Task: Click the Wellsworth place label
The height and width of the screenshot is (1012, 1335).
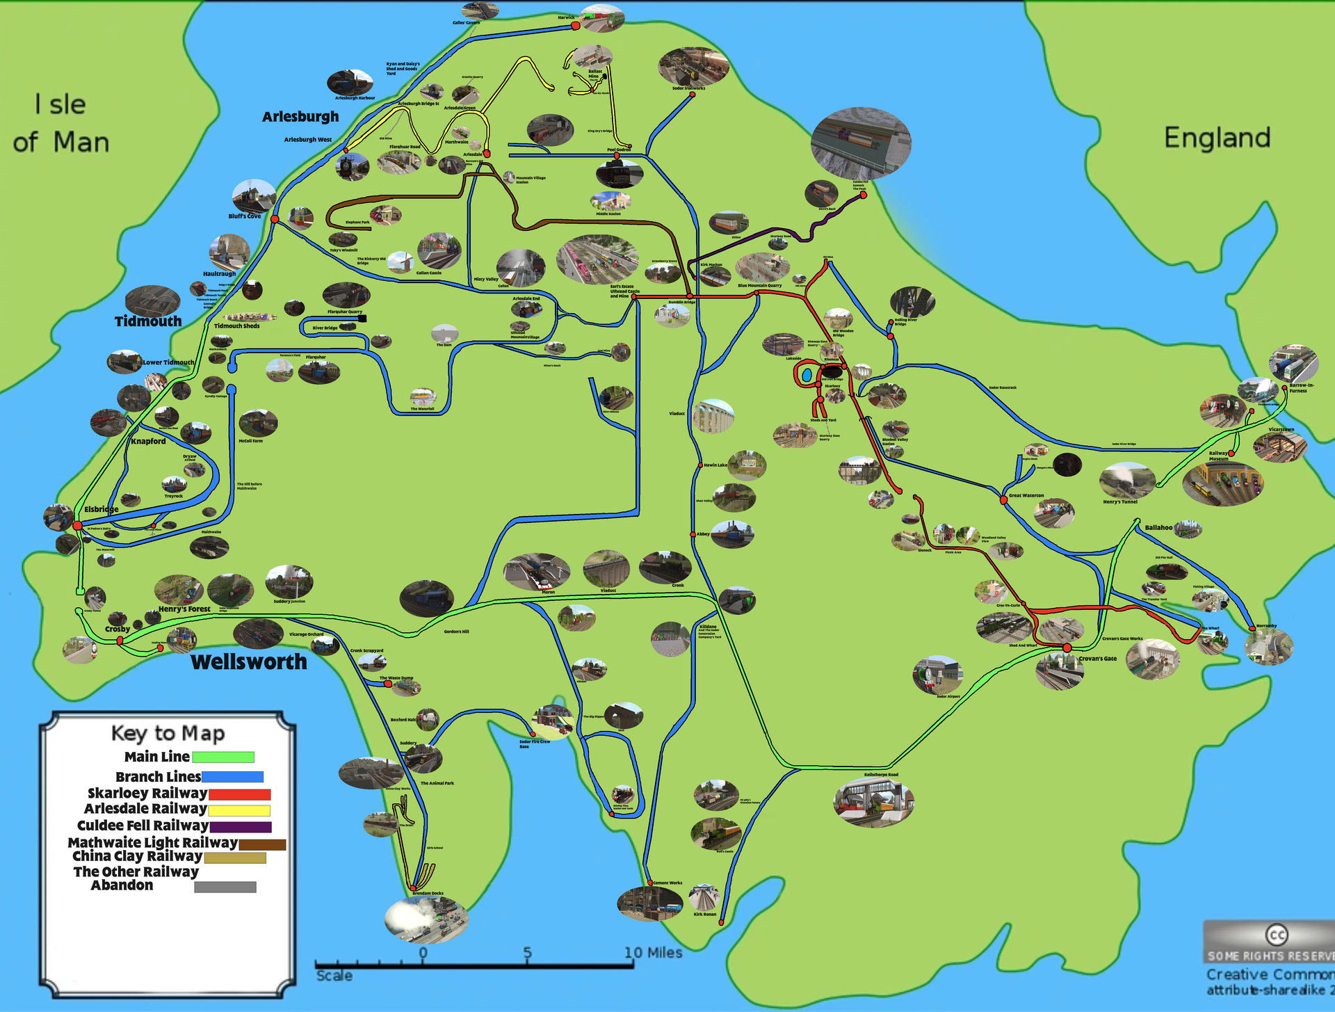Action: [x=248, y=662]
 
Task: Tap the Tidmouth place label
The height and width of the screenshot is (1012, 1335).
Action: [x=148, y=321]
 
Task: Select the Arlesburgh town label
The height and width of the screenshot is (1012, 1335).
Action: [x=300, y=117]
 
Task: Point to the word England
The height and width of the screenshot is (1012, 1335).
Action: [x=1217, y=138]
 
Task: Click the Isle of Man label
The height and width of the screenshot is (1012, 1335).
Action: [x=61, y=124]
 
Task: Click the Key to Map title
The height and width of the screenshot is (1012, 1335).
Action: [x=168, y=733]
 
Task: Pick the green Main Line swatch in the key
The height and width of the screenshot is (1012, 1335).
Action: [x=222, y=757]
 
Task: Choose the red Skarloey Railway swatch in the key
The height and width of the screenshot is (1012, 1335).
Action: [x=239, y=794]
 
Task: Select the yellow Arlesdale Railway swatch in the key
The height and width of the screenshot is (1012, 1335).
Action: [x=238, y=810]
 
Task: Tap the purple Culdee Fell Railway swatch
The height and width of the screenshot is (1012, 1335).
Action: [x=240, y=827]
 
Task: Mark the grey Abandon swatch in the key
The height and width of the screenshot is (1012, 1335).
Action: [x=225, y=887]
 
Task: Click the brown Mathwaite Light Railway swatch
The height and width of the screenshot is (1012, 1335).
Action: [x=262, y=844]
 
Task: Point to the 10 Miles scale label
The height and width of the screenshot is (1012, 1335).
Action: [x=653, y=953]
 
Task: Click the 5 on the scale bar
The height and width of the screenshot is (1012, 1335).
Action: [x=527, y=953]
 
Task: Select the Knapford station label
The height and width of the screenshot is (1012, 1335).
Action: [x=148, y=441]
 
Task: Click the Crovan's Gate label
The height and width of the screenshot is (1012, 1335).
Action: [x=1097, y=659]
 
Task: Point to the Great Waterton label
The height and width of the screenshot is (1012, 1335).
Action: [x=1026, y=496]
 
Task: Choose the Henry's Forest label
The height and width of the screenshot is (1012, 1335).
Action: [x=184, y=609]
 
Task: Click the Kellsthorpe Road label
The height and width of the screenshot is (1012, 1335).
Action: [x=881, y=775]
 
